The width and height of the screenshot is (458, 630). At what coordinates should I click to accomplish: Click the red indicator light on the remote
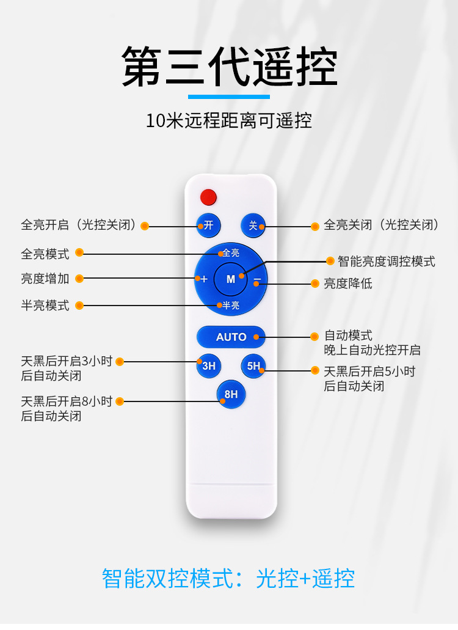click(x=208, y=197)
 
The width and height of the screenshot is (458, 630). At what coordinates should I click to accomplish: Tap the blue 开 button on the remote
click(x=208, y=225)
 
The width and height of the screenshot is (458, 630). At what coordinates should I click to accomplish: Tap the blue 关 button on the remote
click(x=253, y=225)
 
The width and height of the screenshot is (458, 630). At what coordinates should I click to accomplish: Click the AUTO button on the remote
click(x=231, y=337)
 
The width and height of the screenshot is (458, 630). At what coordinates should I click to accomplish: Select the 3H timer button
click(x=208, y=366)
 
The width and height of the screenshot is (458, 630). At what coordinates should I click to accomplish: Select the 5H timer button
click(x=253, y=366)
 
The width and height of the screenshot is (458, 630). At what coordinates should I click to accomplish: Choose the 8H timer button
click(x=231, y=394)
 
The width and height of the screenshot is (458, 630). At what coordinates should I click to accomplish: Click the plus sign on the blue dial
click(x=204, y=279)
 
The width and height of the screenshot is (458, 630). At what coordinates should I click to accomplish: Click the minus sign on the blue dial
click(x=258, y=279)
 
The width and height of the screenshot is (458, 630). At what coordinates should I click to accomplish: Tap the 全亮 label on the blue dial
click(x=231, y=252)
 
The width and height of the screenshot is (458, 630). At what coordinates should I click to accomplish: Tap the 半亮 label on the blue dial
click(x=231, y=305)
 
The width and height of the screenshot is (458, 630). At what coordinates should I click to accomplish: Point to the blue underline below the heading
click(x=229, y=97)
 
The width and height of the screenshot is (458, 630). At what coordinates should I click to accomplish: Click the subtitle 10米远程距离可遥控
click(x=229, y=120)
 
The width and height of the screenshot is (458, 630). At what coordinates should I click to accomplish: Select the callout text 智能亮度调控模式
click(x=386, y=262)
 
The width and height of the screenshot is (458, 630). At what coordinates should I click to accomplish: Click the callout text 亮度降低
click(x=347, y=284)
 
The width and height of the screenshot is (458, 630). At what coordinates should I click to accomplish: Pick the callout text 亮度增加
click(x=45, y=279)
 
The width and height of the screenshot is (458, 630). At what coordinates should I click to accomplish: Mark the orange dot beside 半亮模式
click(x=80, y=305)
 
